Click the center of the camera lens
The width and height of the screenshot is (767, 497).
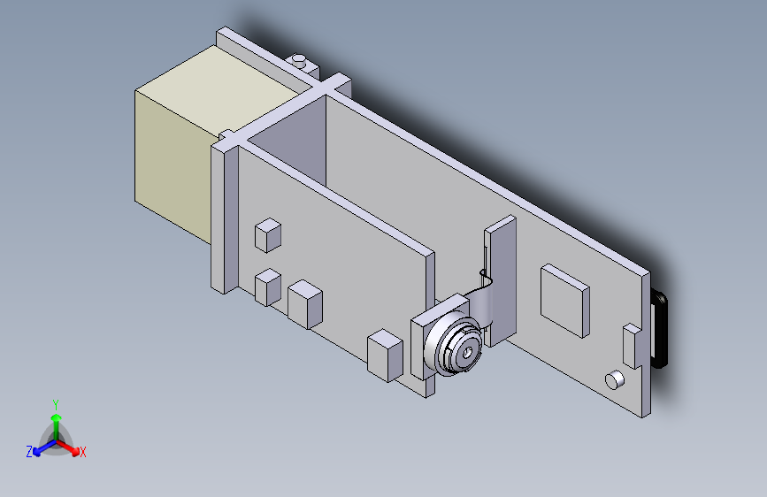tap(465, 353)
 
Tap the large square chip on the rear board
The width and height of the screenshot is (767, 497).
tap(564, 300)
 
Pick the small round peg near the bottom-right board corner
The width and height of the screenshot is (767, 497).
tap(614, 380)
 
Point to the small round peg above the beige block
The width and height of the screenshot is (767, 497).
tap(300, 62)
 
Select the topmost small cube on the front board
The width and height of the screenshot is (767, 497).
tap(267, 235)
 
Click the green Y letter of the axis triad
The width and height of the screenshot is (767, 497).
tap(56, 403)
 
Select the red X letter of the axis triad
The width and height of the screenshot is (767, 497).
tap(83, 453)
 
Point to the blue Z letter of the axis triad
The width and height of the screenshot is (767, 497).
tap(29, 452)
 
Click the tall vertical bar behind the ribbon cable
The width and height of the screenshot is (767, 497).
tap(501, 265)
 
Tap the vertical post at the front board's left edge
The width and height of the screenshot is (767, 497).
tap(224, 217)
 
